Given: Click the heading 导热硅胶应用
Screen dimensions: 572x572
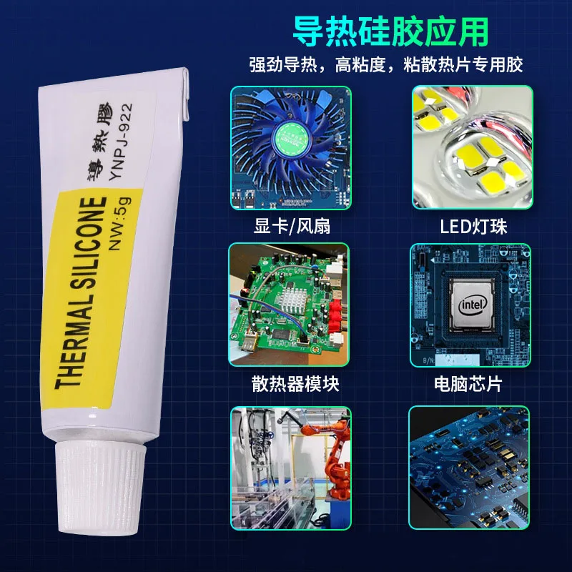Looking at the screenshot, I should pos(390,31).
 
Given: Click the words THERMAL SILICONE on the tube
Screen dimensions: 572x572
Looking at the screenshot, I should pos(82,292).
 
